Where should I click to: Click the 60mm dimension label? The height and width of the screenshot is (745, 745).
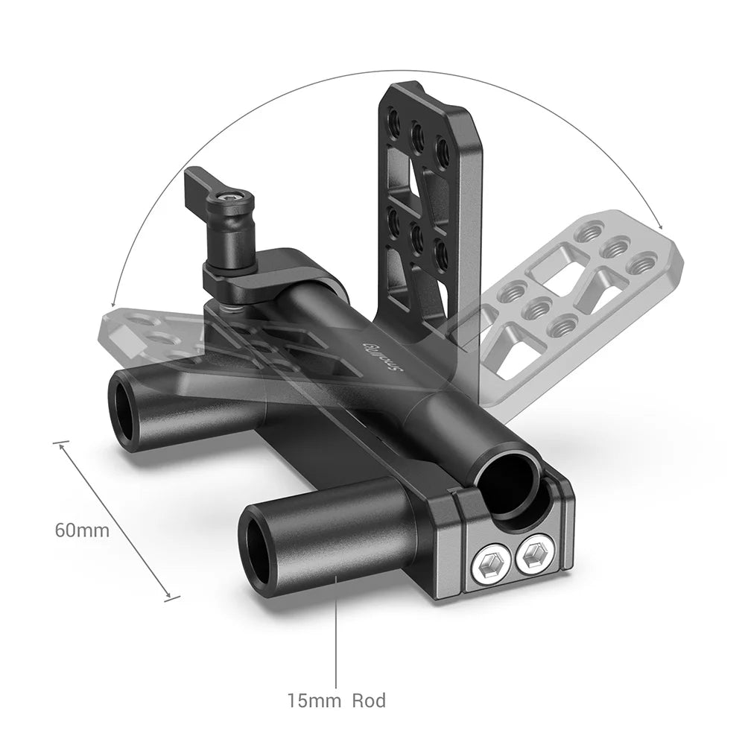(x=82, y=530)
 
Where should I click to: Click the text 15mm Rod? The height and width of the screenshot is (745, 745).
(x=337, y=701)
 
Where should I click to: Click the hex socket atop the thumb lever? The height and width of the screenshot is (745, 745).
(x=224, y=199)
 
